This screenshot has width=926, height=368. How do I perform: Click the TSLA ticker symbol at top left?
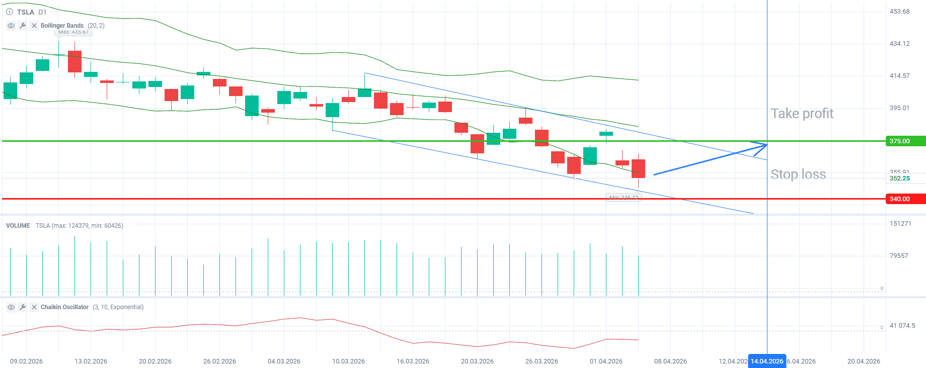click(x=25, y=12)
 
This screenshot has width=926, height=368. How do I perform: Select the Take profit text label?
click(x=802, y=114)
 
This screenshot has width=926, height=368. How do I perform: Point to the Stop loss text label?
click(x=798, y=174)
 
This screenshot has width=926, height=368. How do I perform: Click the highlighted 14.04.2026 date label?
click(x=766, y=361)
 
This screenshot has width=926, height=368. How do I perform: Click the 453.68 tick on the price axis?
click(x=899, y=12)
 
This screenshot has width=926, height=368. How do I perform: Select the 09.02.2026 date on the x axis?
click(x=26, y=361)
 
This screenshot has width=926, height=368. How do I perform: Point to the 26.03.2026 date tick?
click(x=542, y=361)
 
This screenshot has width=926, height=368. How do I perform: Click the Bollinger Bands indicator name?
click(x=62, y=26)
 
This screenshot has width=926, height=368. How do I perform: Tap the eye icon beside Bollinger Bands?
click(x=11, y=26)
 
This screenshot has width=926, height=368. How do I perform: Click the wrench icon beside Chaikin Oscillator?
click(x=23, y=307)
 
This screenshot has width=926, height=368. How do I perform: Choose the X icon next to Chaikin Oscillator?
click(x=34, y=307)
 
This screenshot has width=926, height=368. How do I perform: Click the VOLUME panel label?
click(x=18, y=226)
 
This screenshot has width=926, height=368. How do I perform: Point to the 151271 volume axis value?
click(x=900, y=224)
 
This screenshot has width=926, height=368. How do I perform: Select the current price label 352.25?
click(x=899, y=178)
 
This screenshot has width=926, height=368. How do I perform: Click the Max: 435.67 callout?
click(x=73, y=32)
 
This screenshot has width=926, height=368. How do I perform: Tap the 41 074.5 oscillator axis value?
click(x=902, y=326)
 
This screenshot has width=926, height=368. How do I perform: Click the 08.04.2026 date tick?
click(x=670, y=361)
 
